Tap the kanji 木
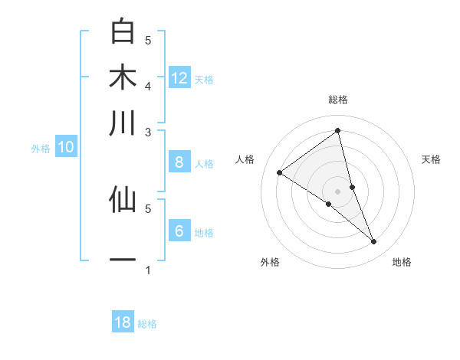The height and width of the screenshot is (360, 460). (123, 77)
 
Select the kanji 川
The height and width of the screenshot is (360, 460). (123, 123)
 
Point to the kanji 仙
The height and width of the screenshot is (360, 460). (123, 199)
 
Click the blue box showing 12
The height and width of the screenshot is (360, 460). (179, 78)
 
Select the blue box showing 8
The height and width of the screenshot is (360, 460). (179, 162)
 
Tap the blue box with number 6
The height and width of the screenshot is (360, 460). (179, 231)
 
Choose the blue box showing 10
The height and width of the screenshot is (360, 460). (66, 148)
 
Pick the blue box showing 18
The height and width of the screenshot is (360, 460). (123, 322)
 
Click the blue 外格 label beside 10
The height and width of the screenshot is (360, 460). (41, 149)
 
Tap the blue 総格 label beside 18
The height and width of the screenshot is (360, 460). (147, 324)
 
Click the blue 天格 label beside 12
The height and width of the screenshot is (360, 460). (204, 80)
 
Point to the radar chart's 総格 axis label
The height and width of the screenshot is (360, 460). (338, 100)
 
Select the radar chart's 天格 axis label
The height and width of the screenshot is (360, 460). (432, 159)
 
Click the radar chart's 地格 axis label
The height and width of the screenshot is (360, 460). (402, 262)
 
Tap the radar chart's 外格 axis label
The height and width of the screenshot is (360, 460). (270, 262)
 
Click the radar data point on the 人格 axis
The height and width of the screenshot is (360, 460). (279, 172)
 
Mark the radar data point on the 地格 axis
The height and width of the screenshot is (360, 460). (374, 241)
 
